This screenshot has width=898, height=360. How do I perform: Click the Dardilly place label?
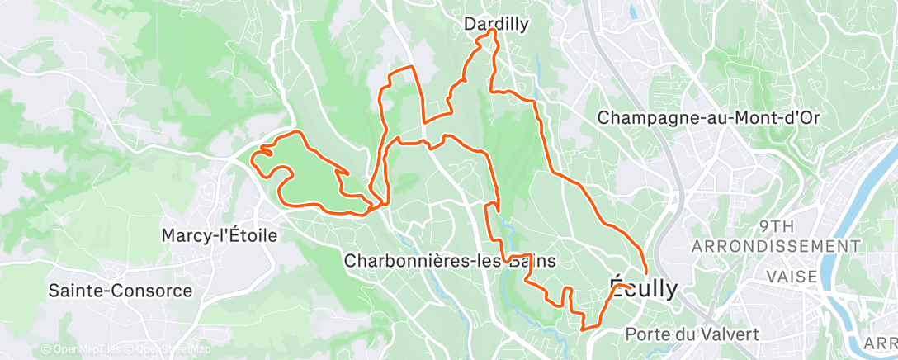click(495, 25)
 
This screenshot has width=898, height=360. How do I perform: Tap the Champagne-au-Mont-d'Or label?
click(708, 117)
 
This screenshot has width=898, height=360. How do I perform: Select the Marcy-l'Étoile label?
click(220, 235)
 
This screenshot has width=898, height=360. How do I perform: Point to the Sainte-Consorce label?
click(121, 291)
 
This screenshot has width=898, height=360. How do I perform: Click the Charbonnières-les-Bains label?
click(450, 261)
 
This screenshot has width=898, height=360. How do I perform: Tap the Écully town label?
click(643, 288)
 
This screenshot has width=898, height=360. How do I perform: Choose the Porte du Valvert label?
click(692, 334)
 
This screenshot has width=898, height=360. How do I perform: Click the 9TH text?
click(777, 226)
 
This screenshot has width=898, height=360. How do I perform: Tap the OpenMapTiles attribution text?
click(79, 350)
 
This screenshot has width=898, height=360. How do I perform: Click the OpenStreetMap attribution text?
click(168, 350)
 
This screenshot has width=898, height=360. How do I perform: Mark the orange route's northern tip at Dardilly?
click(493, 31)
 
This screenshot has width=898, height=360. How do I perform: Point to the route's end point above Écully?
click(645, 272)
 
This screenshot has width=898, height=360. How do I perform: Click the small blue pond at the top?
click(632, 12)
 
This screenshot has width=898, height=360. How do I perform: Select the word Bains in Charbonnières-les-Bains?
click(532, 261)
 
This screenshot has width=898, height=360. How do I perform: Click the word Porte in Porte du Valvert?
click(647, 334)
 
